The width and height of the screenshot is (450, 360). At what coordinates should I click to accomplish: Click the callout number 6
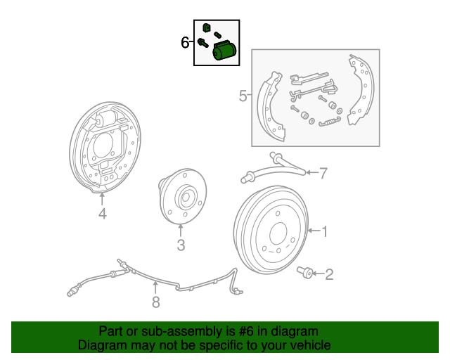tap(185, 42)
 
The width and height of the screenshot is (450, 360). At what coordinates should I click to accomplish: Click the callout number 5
tap(243, 96)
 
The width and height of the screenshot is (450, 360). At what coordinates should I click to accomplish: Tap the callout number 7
tap(323, 173)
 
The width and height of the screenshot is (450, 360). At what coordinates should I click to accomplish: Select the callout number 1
tap(325, 231)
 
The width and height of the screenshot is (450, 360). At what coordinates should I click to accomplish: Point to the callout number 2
tap(329, 274)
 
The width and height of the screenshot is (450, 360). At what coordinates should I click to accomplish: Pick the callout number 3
tap(181, 245)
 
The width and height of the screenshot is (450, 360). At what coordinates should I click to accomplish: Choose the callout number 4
tap(103, 214)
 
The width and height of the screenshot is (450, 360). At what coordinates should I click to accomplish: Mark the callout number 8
tap(156, 302)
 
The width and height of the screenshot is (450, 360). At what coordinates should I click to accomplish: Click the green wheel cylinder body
tap(224, 51)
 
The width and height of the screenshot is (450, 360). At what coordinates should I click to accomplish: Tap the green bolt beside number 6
tap(203, 43)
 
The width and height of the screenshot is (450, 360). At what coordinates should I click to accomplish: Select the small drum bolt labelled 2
tap(304, 271)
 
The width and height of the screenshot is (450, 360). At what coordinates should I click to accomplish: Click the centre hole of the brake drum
tap(278, 233)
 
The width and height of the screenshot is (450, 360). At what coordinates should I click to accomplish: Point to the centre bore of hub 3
tap(186, 197)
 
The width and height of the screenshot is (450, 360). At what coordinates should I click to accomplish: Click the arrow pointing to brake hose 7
tap(312, 172)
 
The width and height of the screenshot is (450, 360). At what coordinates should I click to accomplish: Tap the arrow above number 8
tap(155, 288)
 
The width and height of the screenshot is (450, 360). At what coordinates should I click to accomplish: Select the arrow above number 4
tap(102, 199)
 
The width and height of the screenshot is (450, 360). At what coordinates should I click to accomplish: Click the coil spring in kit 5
tap(330, 122)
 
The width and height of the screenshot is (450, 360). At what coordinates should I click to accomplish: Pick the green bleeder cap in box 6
tap(207, 27)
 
